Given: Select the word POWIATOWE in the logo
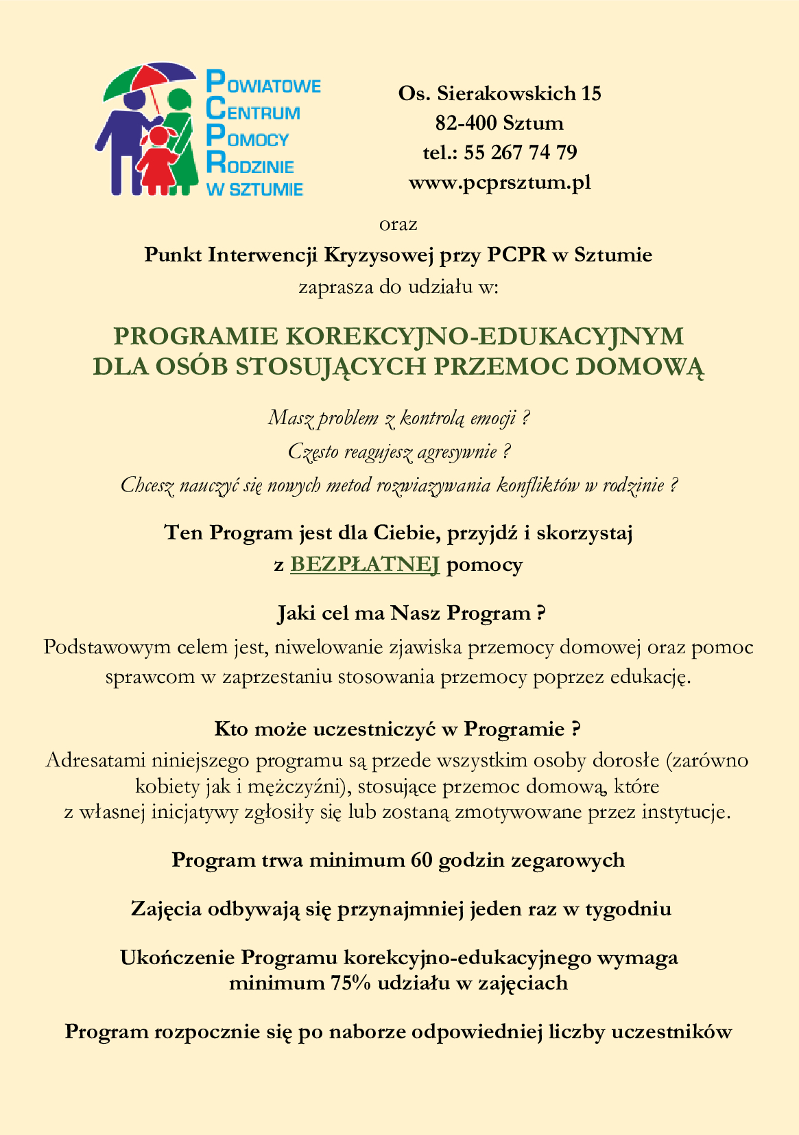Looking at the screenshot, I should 264,85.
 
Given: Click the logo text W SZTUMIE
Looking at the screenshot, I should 254,190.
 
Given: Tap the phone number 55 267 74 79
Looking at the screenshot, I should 521,152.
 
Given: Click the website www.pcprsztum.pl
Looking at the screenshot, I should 499,183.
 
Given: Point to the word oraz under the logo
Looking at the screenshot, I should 398,224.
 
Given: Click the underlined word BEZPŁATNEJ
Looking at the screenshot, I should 365,564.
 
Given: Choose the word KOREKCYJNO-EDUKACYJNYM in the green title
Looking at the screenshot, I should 484,336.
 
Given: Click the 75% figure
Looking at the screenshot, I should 351,983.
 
